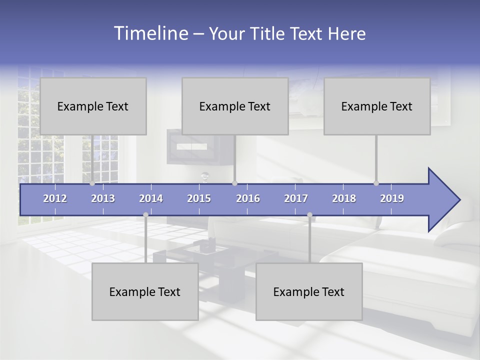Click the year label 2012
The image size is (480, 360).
pos(55,198)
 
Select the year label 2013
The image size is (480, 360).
pos(103,198)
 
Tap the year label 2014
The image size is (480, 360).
pos(151,198)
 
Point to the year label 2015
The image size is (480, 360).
pos(199,198)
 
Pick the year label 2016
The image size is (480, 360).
pos(248,198)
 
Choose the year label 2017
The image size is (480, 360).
pos(296,198)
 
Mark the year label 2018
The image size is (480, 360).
pos(344,198)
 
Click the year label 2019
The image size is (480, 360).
pos(392,198)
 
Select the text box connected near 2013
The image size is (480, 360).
pos(93,106)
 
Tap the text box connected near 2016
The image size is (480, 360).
pos(235,106)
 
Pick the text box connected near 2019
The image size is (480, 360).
pos(377,106)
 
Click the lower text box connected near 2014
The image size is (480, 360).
pos(145,291)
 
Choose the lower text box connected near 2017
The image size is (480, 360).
pos(309,291)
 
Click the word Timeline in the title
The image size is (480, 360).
pos(150,33)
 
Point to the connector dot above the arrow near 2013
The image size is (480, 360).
pos(92,183)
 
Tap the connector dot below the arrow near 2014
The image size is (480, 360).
pos(145,215)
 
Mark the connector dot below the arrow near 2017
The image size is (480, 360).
pos(309,215)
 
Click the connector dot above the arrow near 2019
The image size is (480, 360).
pos(376,183)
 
